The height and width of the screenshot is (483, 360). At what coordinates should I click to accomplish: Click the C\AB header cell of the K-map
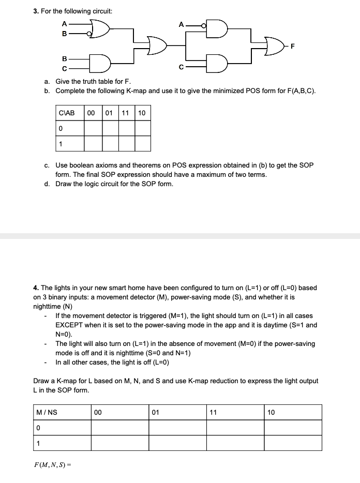[x=67, y=113]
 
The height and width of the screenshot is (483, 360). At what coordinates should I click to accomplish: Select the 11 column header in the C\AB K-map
[x=126, y=113]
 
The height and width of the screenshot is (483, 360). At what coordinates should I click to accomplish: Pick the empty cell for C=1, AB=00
[x=93, y=143]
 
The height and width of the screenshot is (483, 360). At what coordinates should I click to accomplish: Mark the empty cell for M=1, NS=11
[x=235, y=443]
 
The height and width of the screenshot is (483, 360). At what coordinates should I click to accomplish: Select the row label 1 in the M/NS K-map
[x=37, y=443]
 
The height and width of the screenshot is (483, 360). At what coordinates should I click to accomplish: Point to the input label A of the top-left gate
[x=64, y=23]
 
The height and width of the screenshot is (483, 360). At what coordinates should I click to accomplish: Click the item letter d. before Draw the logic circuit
[x=47, y=184]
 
